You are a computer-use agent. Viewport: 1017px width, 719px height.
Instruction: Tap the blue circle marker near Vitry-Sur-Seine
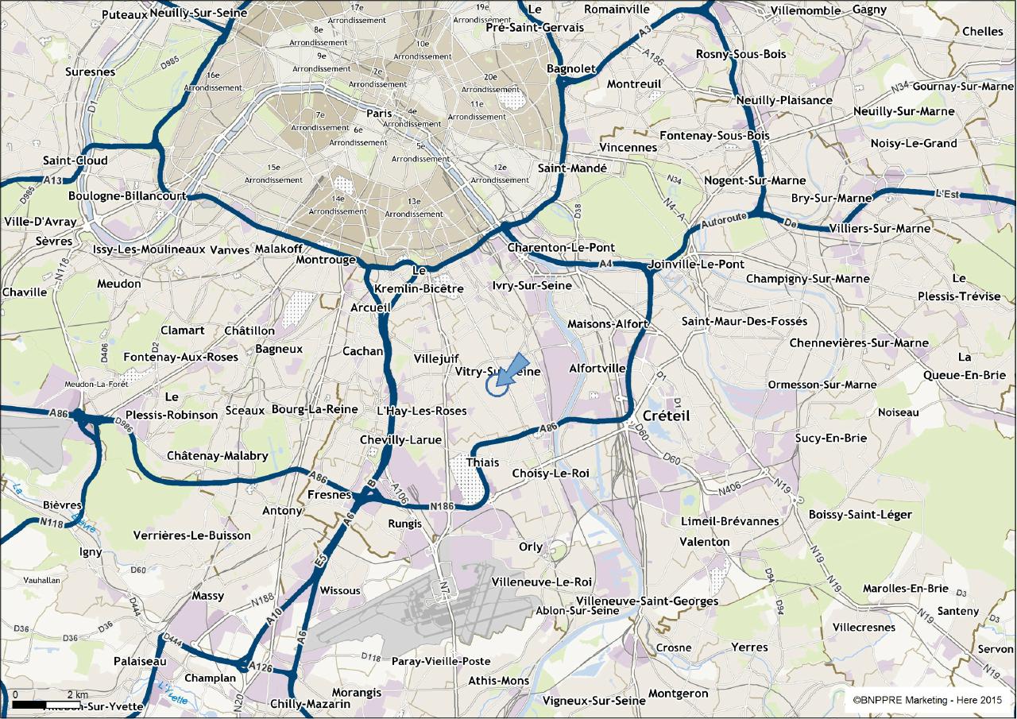point(496,385)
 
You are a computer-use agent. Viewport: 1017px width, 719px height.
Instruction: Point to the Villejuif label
point(437,359)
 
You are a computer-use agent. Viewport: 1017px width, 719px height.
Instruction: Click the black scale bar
point(29,704)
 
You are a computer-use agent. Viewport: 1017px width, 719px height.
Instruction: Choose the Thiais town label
point(482,462)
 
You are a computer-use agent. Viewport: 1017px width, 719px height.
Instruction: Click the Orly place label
point(531,547)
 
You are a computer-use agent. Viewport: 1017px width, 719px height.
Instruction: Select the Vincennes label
point(628,148)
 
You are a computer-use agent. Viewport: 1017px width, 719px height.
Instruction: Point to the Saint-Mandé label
point(572,168)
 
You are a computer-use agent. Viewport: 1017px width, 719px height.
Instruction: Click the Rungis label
point(405,524)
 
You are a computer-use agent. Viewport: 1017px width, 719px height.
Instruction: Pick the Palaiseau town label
point(140,661)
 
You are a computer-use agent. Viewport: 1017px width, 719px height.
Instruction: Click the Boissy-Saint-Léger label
point(860,515)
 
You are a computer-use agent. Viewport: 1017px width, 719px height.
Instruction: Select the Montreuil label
point(633,84)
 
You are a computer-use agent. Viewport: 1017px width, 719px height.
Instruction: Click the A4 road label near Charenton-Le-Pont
point(607,263)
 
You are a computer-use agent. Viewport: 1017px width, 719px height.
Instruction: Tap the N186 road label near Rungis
point(442,506)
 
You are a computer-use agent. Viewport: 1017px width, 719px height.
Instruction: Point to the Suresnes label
point(90,72)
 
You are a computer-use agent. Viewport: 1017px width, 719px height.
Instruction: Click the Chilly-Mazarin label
point(310,704)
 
